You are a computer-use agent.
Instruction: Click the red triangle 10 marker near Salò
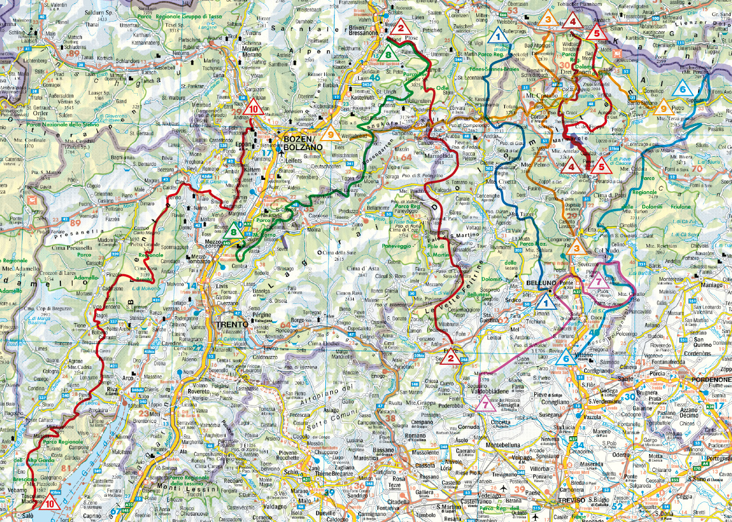pyautogui.click(x=51, y=503)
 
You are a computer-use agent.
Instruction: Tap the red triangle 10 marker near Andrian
pyautogui.click(x=254, y=108)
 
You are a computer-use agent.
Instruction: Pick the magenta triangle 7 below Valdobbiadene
pyautogui.click(x=486, y=403)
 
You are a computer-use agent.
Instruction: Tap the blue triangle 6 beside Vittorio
pyautogui.click(x=566, y=358)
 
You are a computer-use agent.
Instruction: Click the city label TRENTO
pyautogui.click(x=232, y=325)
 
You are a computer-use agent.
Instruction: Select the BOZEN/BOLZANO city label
pyautogui.click(x=303, y=143)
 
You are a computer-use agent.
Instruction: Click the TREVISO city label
pyautogui.click(x=571, y=500)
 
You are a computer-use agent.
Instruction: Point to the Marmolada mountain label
pyautogui.click(x=438, y=156)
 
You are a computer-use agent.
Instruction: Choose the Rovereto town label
pyautogui.click(x=199, y=392)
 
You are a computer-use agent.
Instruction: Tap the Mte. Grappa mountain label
pyautogui.click(x=421, y=402)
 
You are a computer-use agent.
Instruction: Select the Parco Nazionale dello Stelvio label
pyautogui.click(x=52, y=125)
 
